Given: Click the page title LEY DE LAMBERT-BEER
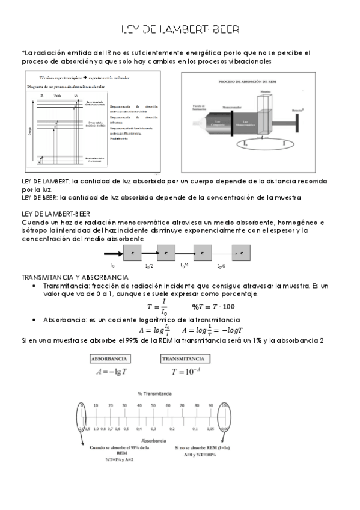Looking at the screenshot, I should (180, 29).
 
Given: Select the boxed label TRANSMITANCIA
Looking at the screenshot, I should (186, 359).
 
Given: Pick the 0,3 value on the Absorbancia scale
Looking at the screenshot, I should (154, 429).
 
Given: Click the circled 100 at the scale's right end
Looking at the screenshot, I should (225, 406).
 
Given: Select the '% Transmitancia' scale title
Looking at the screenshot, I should (154, 393).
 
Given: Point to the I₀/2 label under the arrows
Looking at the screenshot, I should (149, 265).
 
